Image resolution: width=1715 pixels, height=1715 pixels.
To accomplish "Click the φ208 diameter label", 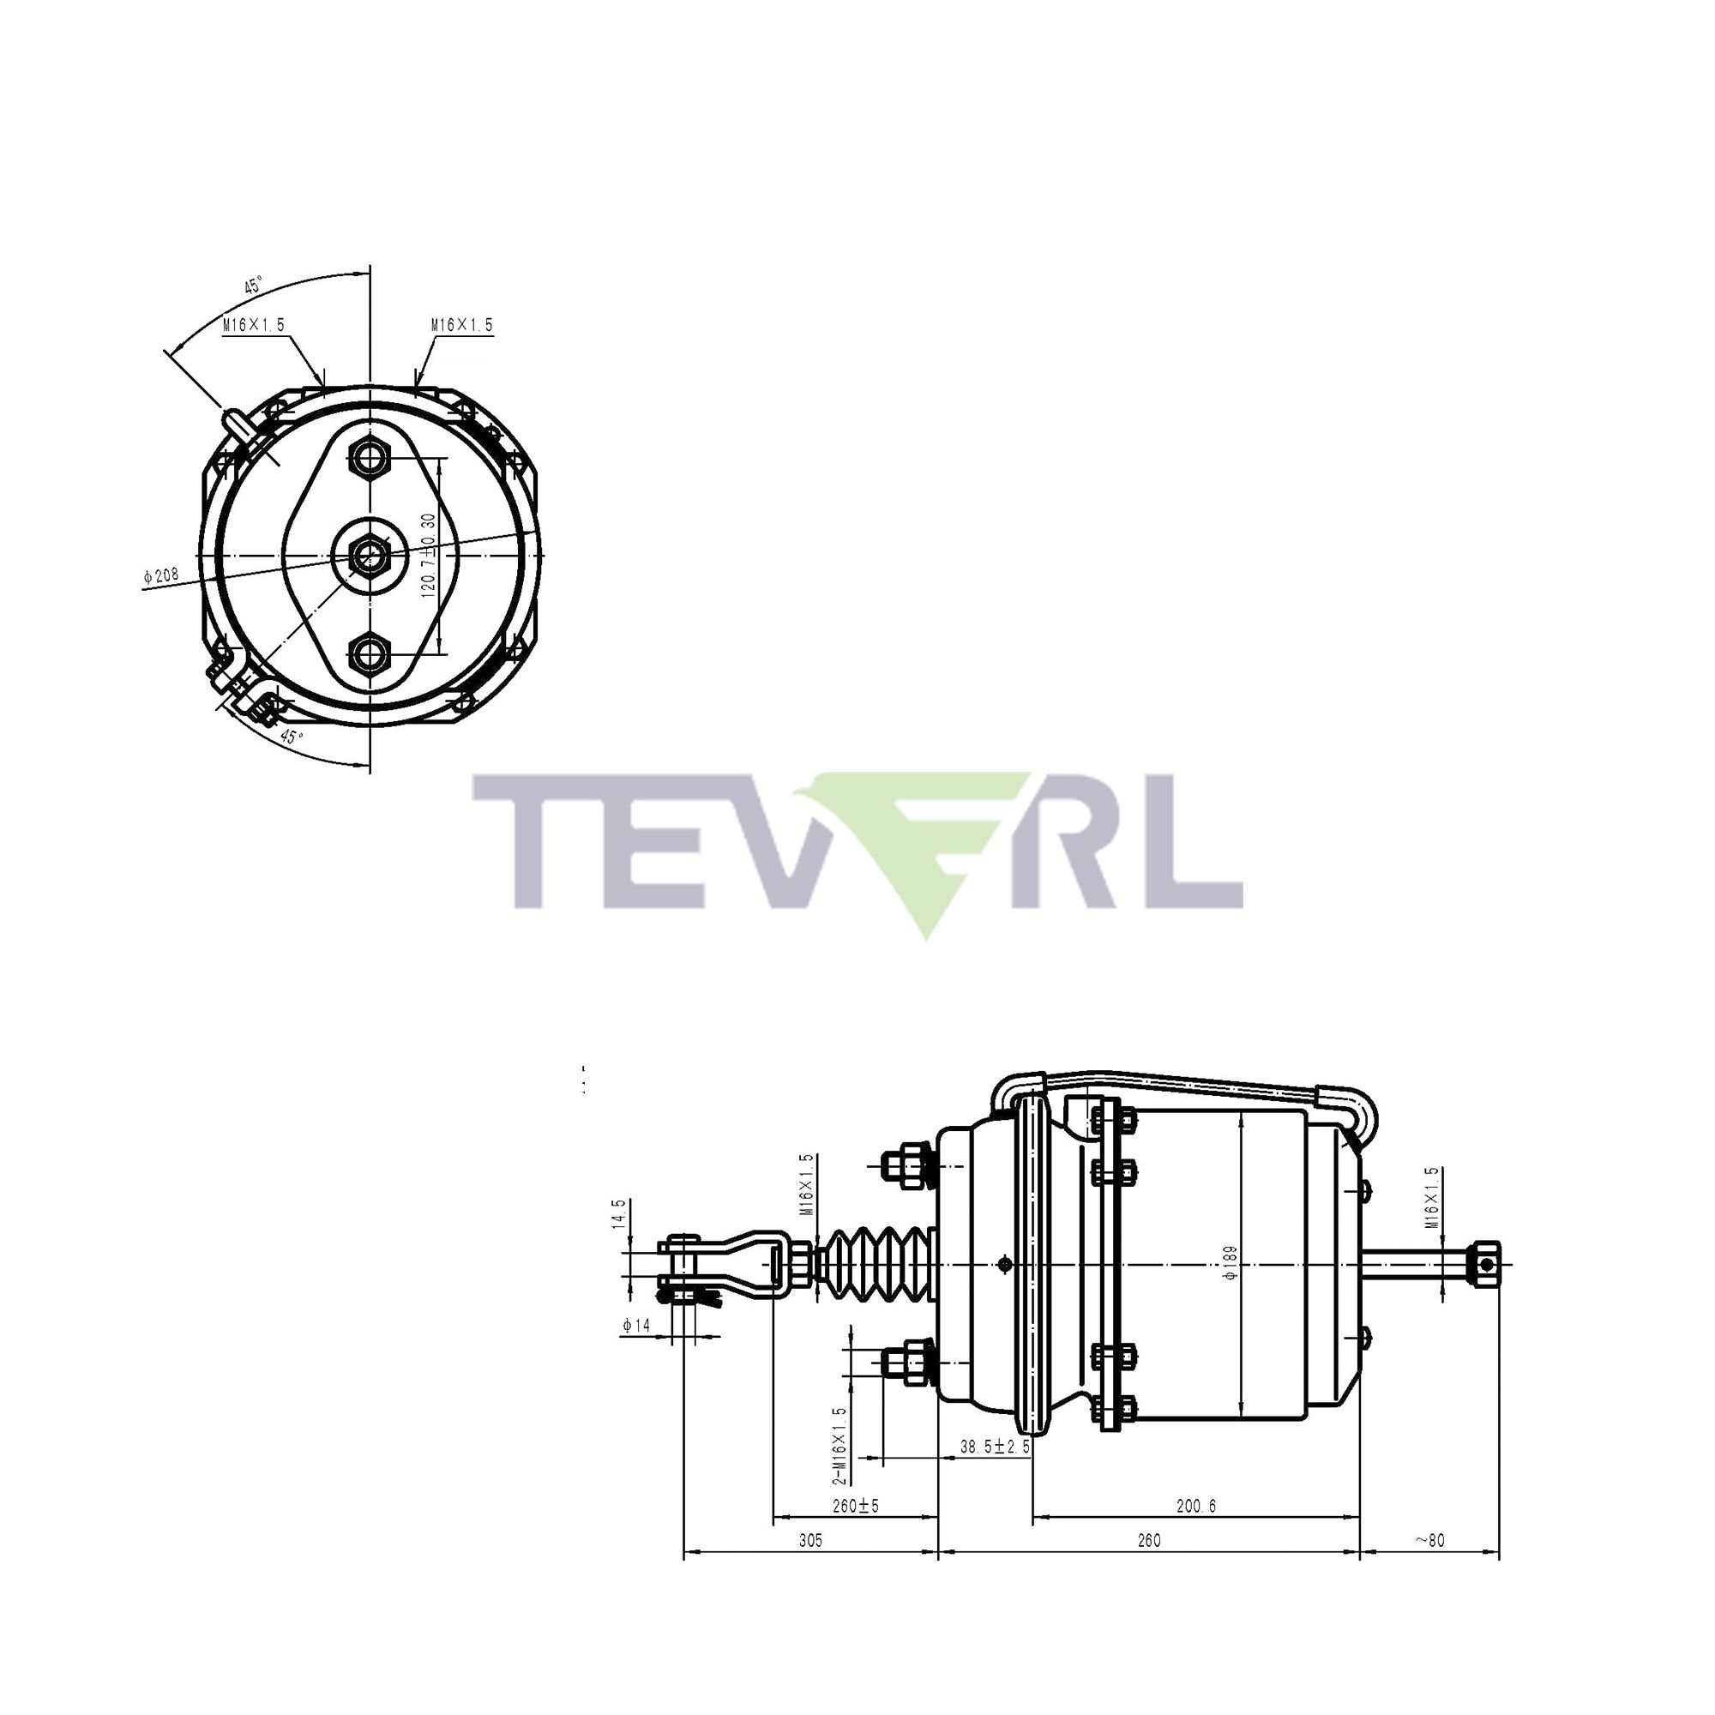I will point(160,575).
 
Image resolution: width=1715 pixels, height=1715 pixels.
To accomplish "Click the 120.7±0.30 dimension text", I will point(429,556).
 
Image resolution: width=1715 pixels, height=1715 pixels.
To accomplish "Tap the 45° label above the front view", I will point(254,286).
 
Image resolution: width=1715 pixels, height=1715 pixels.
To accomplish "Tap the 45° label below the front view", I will point(292,737).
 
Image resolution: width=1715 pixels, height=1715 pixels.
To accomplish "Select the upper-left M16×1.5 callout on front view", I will point(254,325).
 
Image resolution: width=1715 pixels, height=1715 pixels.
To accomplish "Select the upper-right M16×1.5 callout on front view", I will point(461,325).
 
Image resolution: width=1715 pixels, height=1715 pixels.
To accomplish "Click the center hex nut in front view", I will point(369,556).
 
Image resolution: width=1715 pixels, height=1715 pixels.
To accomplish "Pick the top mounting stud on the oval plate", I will point(369,458).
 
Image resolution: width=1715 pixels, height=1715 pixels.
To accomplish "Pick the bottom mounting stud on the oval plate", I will point(369,654).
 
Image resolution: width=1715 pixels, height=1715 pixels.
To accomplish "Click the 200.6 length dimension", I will point(1195,1506).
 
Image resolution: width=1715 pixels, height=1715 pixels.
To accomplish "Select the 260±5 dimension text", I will point(855,1506).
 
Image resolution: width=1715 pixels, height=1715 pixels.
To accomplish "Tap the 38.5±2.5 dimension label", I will point(994,1446).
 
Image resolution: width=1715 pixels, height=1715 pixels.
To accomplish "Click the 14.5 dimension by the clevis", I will point(620,1214).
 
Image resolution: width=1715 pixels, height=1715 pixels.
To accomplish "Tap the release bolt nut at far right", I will point(1484,1263).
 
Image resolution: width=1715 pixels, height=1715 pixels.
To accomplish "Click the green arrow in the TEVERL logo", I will point(924,852).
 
